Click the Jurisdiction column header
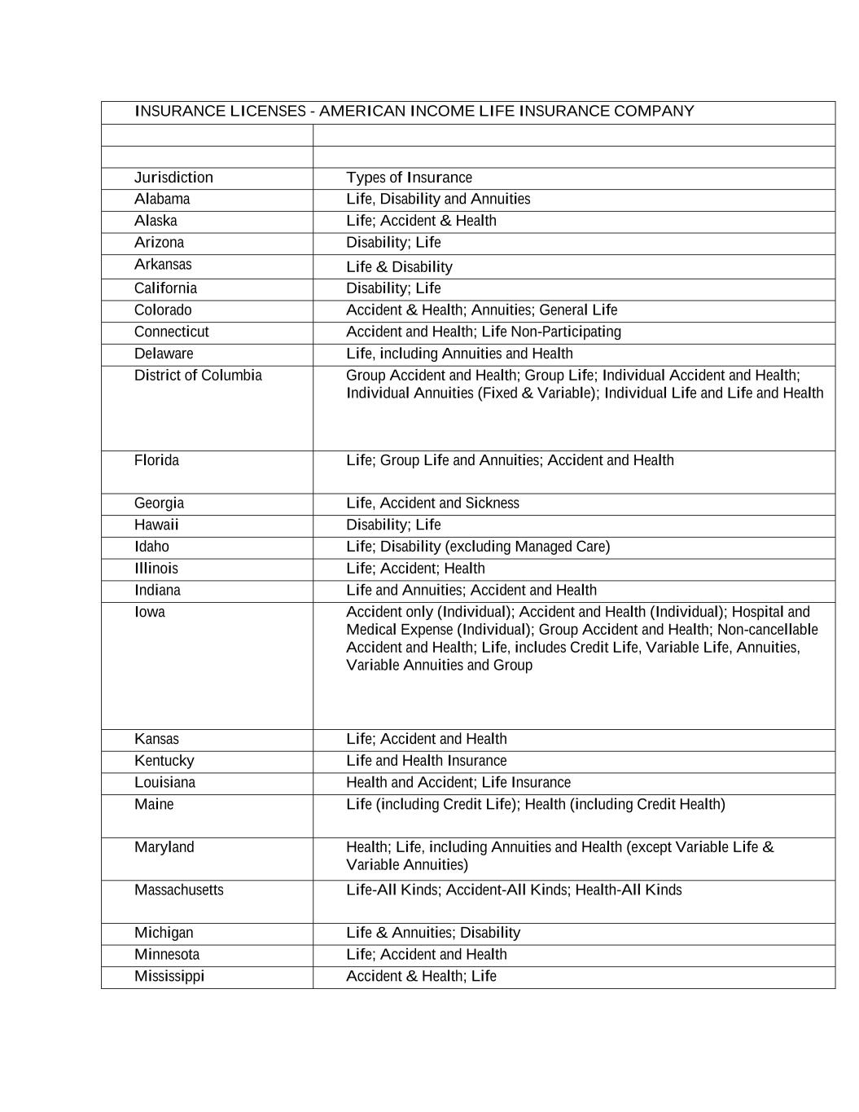click(x=173, y=178)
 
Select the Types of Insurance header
click(x=409, y=178)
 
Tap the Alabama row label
click(x=162, y=199)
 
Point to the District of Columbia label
click(x=198, y=376)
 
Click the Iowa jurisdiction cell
click(x=150, y=612)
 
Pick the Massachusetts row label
click(x=178, y=890)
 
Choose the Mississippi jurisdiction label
click(x=169, y=976)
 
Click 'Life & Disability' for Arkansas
click(x=399, y=267)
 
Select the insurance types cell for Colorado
click(x=481, y=310)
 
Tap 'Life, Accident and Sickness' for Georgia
click(x=432, y=503)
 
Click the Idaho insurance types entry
click(x=477, y=547)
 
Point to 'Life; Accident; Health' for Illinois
click(x=415, y=569)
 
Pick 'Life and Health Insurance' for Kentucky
click(x=426, y=761)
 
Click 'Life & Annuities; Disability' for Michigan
click(x=432, y=933)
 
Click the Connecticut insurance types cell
click(x=483, y=332)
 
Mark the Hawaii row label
click(x=156, y=525)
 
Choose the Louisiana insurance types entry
click(x=458, y=783)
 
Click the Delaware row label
click(x=164, y=354)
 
